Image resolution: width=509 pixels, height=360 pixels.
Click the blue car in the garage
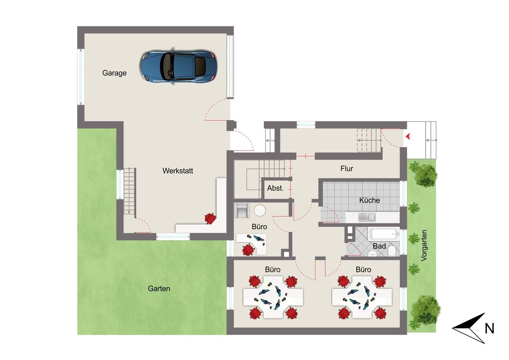(179, 66)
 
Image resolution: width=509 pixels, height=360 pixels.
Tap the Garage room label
(114, 73)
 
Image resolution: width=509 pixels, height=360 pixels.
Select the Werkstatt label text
(178, 171)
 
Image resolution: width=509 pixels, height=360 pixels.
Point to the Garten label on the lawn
(159, 289)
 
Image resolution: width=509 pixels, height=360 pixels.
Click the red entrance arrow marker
(408, 136)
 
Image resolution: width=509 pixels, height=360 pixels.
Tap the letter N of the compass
(489, 329)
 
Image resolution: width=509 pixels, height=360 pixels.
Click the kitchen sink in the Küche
(367, 217)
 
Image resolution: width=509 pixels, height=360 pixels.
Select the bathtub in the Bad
(384, 234)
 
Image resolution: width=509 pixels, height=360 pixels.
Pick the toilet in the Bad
(392, 251)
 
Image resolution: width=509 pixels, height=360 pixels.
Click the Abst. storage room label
(275, 188)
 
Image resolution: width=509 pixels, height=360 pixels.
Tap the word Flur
(346, 169)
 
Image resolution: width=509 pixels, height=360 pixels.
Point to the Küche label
(369, 200)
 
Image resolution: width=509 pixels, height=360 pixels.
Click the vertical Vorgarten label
(424, 245)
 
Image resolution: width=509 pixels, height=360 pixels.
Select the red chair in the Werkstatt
(210, 218)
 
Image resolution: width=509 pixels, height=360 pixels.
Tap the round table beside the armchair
(260, 210)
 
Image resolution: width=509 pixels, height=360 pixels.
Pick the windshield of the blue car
(169, 66)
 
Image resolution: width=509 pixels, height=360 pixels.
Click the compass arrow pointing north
(469, 328)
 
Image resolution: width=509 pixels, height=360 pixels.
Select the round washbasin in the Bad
(373, 253)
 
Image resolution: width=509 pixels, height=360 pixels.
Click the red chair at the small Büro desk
(248, 250)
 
